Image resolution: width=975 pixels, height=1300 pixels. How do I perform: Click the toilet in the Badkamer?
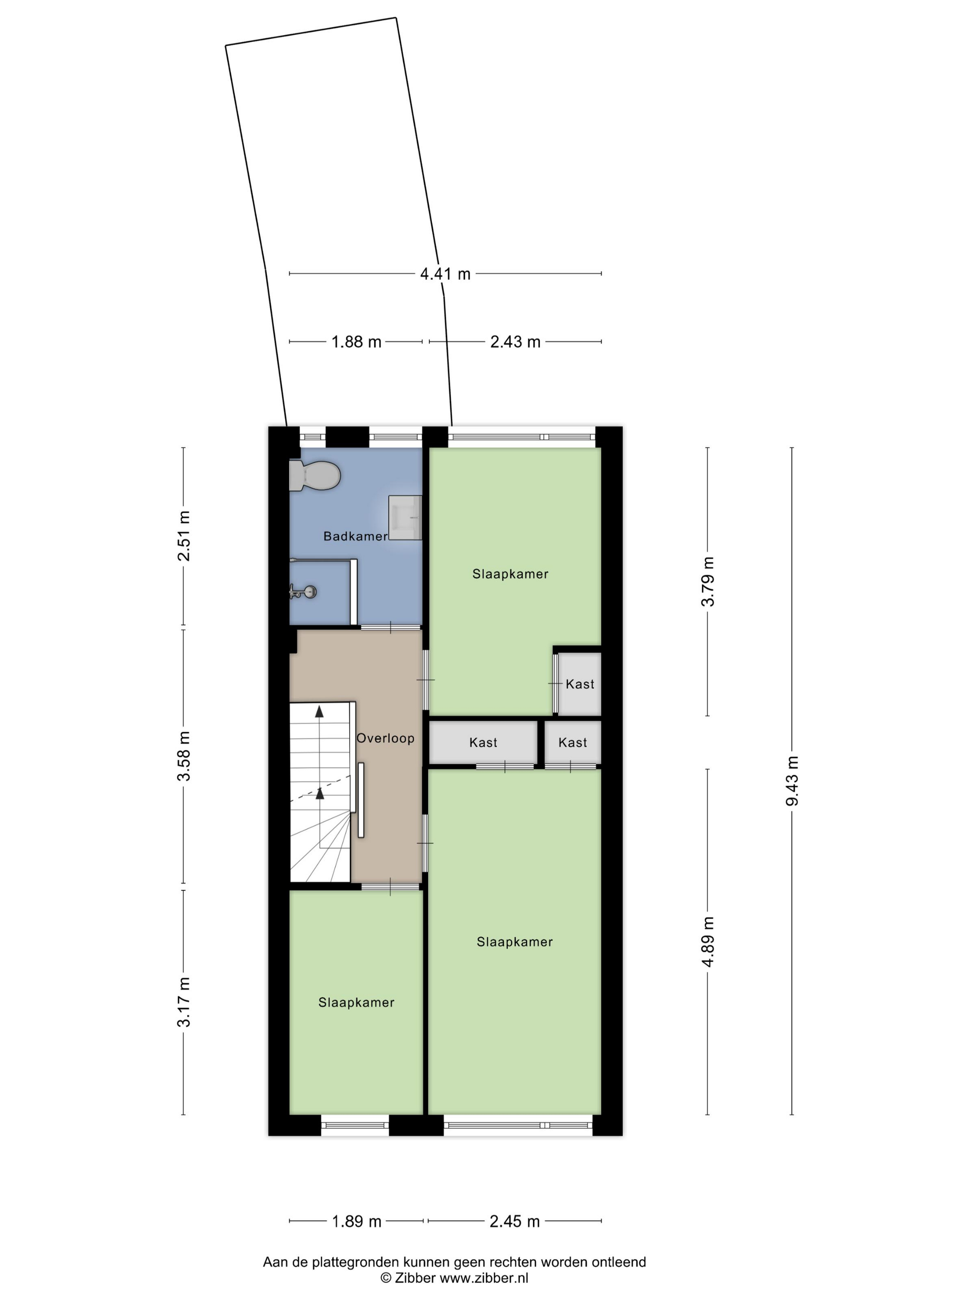pos(315,475)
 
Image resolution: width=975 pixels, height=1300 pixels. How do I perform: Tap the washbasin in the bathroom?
pos(405,517)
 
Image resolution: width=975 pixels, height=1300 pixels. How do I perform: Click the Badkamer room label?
pos(356,536)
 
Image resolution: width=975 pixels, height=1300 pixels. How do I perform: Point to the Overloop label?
pos(385,738)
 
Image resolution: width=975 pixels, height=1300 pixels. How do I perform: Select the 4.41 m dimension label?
pos(445,274)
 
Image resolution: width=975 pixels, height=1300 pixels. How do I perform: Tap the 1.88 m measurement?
pos(356,341)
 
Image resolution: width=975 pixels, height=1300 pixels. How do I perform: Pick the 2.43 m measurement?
pos(515,341)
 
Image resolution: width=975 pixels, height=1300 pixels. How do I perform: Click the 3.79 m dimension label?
pos(708,581)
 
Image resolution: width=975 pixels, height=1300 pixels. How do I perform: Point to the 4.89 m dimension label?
pos(708,942)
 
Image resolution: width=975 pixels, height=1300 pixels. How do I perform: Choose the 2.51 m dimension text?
pos(184,536)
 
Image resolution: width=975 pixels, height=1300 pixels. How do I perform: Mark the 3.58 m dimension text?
pos(184,756)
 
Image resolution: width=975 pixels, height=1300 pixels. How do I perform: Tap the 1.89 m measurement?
pos(357,1221)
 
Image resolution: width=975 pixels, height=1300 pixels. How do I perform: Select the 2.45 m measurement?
pos(515,1221)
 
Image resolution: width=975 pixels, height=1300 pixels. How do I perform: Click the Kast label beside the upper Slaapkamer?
pos(580,684)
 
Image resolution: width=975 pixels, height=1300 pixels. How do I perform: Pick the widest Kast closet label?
pos(483,743)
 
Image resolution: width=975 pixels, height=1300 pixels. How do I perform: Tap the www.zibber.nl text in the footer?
pos(484,1278)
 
